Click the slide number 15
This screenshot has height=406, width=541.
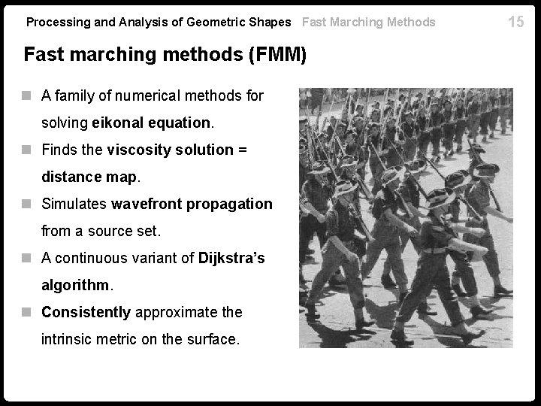coord(515,21)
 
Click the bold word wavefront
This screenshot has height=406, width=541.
coord(144,204)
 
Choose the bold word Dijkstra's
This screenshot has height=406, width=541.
coord(231,258)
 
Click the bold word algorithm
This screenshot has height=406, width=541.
coord(76,286)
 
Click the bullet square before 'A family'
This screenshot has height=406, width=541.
coord(29,95)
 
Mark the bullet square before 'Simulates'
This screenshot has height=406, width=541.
coord(29,204)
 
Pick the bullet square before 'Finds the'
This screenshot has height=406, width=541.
coord(29,150)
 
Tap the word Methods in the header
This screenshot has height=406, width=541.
coord(411,22)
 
